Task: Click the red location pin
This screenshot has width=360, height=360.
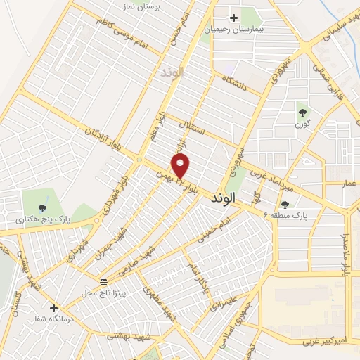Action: [181, 165]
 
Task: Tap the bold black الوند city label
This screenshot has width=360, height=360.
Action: [226, 199]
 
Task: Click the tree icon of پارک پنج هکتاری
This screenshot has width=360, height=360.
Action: [44, 207]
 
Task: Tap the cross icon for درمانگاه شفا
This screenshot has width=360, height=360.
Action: [54, 307]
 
